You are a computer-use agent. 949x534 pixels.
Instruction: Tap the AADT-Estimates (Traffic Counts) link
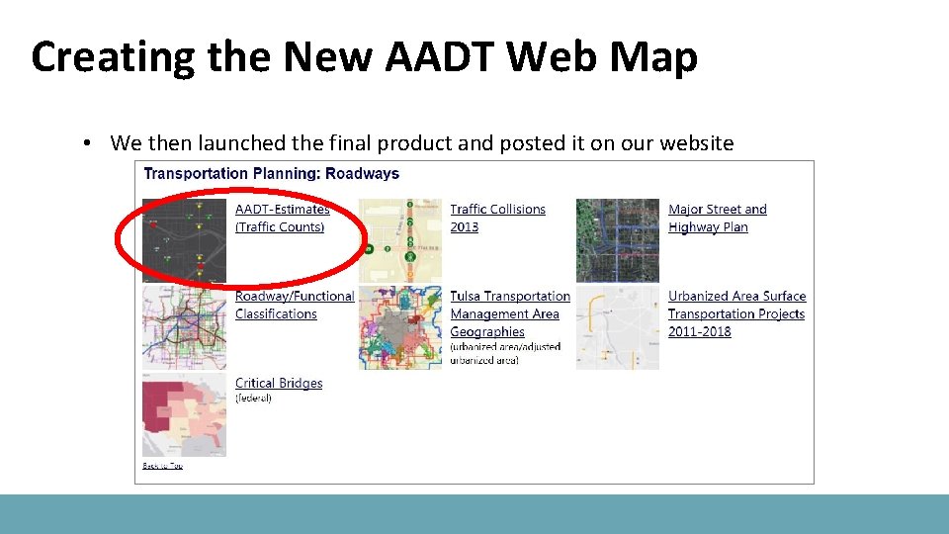click(x=282, y=218)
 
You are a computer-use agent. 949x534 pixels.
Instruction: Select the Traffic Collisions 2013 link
click(x=497, y=218)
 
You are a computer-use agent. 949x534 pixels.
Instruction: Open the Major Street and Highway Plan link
click(x=717, y=218)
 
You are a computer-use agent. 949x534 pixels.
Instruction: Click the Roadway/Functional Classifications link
click(x=294, y=305)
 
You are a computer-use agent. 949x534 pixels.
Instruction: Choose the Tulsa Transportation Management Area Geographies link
click(x=509, y=313)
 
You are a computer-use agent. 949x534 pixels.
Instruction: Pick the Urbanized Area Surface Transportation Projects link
click(x=736, y=313)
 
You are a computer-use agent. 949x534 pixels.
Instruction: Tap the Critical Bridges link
click(x=279, y=383)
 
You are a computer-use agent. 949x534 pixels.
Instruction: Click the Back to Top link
click(x=162, y=466)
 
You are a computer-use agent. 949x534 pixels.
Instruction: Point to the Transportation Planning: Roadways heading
click(x=272, y=174)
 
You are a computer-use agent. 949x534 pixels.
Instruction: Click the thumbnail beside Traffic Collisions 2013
click(x=399, y=240)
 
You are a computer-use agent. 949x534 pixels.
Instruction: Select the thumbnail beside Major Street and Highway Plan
click(x=617, y=240)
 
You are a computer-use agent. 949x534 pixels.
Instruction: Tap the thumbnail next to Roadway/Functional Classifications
click(x=184, y=327)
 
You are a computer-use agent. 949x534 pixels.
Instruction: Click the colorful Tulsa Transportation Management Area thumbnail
click(x=399, y=327)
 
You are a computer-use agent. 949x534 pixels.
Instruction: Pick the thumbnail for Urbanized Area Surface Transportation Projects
click(x=617, y=327)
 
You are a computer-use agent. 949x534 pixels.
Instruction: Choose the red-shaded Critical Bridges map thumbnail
click(x=184, y=414)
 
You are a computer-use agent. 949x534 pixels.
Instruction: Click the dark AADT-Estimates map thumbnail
click(x=184, y=240)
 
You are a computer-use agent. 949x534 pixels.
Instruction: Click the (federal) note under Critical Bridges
click(x=253, y=399)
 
